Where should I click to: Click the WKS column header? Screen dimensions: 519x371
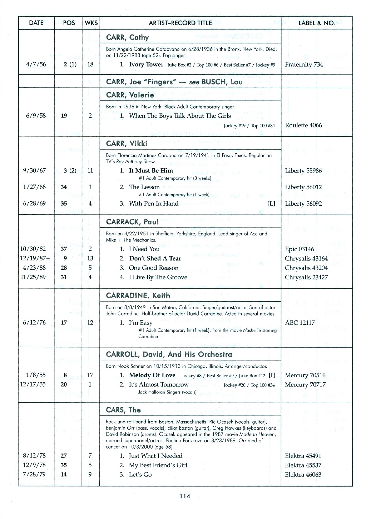click(91, 23)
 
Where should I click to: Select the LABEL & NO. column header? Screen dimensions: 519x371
click(316, 23)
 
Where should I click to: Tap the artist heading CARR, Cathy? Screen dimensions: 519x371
click(127, 37)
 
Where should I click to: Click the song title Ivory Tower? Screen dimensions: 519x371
click(146, 64)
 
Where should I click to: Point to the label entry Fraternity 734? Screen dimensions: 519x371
click(304, 65)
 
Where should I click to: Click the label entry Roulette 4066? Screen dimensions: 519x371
click(303, 125)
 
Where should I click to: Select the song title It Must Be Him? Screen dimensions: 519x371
click(151, 171)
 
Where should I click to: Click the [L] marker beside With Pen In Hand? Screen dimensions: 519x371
click(271, 203)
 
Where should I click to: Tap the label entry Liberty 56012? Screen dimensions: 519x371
click(303, 187)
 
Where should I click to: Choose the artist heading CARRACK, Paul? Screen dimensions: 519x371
click(132, 222)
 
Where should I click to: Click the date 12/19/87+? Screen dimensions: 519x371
click(35, 258)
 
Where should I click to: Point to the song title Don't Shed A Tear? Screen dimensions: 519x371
click(155, 258)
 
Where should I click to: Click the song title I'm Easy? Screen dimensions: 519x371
click(141, 323)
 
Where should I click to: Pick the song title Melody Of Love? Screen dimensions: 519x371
click(152, 375)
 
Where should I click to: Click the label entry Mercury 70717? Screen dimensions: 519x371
click(305, 385)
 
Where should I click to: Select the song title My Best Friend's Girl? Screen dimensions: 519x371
click(158, 465)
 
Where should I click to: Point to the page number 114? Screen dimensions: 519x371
click(185, 496)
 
